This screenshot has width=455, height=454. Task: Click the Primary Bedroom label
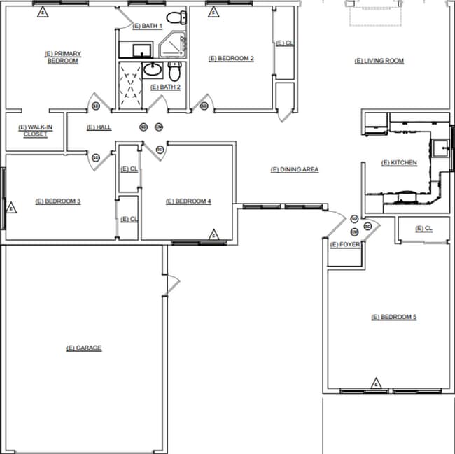tap(62, 57)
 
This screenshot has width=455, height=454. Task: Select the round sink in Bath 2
tap(153, 69)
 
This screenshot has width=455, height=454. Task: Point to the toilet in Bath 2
tap(175, 71)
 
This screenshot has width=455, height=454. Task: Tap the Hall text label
tap(99, 127)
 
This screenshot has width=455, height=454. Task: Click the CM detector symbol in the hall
tap(159, 127)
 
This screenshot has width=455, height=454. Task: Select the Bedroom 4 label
tap(188, 201)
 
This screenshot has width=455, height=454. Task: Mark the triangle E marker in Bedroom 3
tap(10, 208)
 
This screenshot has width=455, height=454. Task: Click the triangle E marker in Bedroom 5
tap(376, 383)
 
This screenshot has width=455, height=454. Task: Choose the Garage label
tap(84, 348)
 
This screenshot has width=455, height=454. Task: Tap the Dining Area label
tap(295, 170)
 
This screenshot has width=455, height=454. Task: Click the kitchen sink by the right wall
tap(440, 148)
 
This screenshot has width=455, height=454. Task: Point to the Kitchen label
tap(399, 163)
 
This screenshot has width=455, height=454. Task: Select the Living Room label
tap(379, 61)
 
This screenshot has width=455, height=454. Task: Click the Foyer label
tap(344, 245)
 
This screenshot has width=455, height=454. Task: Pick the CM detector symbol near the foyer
tap(354, 232)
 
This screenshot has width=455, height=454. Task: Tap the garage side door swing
tap(173, 283)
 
